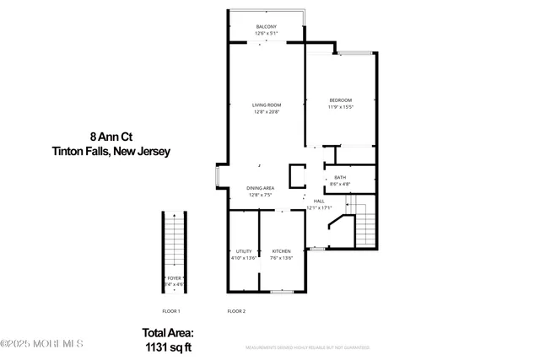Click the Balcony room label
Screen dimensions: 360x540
(266, 27)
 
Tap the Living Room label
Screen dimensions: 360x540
(266, 105)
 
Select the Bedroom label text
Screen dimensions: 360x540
(340, 100)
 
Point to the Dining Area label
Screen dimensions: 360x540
(260, 188)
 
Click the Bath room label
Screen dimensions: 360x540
(339, 177)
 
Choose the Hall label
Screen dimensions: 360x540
(319, 201)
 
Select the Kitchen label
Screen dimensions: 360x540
(281, 251)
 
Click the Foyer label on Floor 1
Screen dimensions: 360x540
(174, 277)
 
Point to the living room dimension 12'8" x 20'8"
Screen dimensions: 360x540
(266, 112)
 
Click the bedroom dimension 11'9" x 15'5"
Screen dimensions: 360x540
(340, 107)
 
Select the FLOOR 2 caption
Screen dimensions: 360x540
(236, 312)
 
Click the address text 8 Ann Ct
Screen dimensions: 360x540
(111, 136)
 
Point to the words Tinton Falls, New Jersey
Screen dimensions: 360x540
(111, 152)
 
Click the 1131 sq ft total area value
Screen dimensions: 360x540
(167, 346)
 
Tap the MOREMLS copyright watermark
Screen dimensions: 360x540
(42, 343)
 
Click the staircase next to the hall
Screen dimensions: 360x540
(364, 223)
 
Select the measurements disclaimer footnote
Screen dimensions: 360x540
(307, 347)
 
